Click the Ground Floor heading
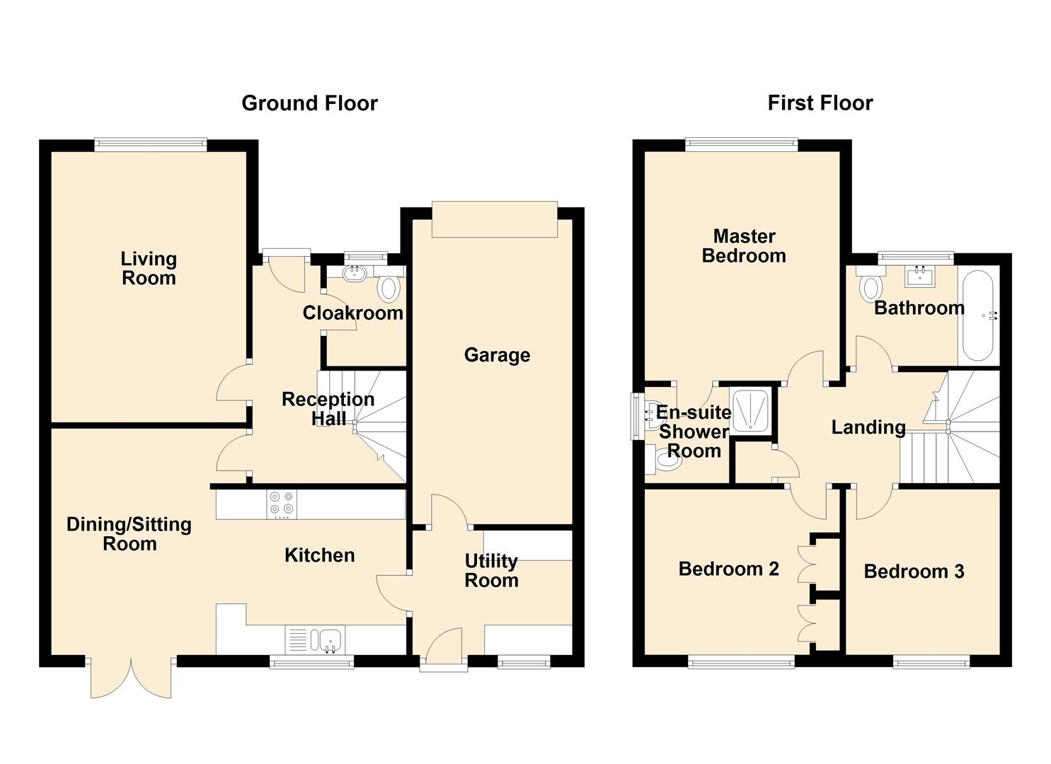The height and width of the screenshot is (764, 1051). click(x=309, y=103)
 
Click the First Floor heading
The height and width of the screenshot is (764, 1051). click(x=820, y=103)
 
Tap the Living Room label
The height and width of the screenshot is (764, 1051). click(x=149, y=269)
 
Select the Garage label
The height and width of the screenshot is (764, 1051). click(x=497, y=355)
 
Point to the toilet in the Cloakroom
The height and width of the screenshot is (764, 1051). click(x=388, y=289)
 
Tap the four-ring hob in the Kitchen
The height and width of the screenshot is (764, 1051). click(x=282, y=504)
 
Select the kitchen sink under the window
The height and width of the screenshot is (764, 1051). click(x=329, y=640)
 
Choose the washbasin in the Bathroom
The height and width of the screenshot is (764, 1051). click(x=920, y=274)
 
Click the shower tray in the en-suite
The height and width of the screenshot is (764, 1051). click(x=752, y=410)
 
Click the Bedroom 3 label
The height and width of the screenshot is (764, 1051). click(x=914, y=572)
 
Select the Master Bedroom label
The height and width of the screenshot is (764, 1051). click(x=744, y=246)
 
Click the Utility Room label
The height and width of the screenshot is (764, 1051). click(x=491, y=571)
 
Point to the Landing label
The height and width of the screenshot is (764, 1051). click(x=868, y=427)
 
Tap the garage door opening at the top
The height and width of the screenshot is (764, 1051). click(x=495, y=219)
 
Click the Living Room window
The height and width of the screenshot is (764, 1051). click(x=151, y=145)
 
